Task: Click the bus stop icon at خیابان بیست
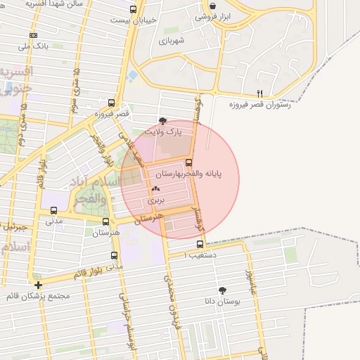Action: (134, 10)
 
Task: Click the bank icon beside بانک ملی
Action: (33, 35)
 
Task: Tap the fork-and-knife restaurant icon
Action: (259, 93)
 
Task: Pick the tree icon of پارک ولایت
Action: (163, 121)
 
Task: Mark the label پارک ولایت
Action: (163, 131)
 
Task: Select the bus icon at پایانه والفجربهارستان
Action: (188, 162)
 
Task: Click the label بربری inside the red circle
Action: (155, 200)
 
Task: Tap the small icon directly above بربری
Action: (155, 188)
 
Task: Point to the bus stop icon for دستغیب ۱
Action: (200, 244)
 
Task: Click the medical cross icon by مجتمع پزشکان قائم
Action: (38, 285)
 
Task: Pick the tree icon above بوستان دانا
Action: (223, 290)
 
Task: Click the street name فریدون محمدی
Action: (175, 295)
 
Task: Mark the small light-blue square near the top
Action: (132, 75)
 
